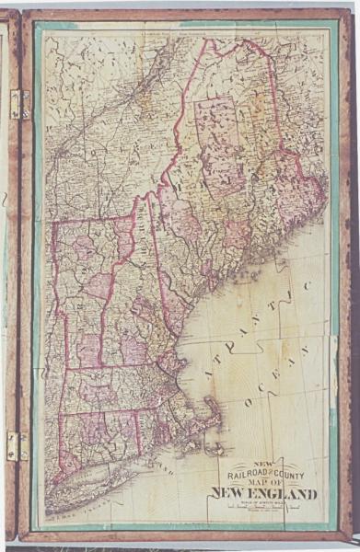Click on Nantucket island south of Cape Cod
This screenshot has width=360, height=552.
217,450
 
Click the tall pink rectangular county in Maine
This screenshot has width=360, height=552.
219,147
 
